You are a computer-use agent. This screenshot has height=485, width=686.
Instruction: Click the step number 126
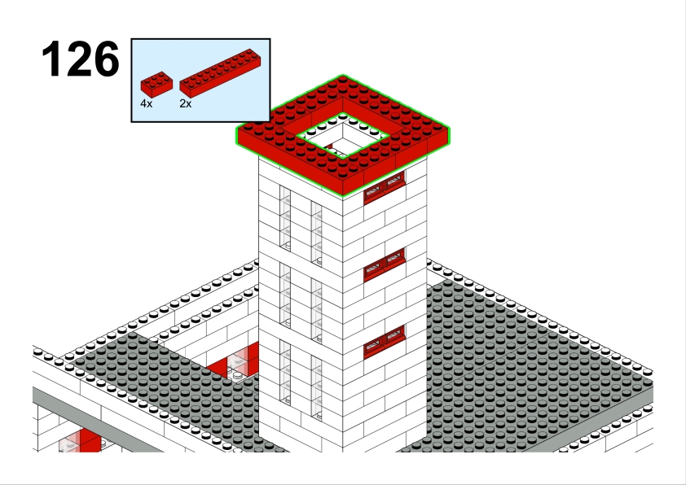pos(81,59)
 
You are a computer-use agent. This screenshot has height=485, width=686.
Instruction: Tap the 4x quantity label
pos(146,103)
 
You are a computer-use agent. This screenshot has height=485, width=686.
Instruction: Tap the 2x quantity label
pos(185,103)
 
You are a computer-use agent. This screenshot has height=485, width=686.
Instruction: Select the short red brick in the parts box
pos(156,85)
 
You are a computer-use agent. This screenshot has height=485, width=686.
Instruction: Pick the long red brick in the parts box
pos(221,72)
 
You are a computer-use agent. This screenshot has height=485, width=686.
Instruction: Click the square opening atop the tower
pos(342,135)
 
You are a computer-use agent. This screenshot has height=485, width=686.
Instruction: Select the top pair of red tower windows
pos(385,188)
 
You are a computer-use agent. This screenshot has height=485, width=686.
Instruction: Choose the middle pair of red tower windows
pos(385,264)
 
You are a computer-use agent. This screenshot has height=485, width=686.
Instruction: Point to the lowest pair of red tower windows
pos(385,342)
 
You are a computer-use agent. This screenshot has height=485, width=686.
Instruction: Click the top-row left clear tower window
pos(285,218)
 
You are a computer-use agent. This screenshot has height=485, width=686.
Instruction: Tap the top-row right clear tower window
pos(317,234)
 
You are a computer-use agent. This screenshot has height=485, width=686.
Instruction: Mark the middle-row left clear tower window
pos(285,295)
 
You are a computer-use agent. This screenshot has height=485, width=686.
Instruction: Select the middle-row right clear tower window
pos(317,311)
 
